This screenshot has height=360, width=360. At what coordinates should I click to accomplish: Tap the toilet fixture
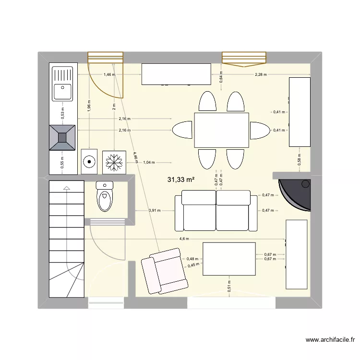click(105, 196)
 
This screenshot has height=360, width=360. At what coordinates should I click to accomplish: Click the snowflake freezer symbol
click(114, 162)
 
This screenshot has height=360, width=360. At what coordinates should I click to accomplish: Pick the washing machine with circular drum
click(89, 162)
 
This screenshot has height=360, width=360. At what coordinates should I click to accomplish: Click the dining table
click(221, 130)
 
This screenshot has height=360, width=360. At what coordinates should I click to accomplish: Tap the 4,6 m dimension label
click(184, 239)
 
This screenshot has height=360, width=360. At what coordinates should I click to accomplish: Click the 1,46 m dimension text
click(109, 75)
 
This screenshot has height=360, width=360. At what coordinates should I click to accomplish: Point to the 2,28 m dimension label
click(261, 75)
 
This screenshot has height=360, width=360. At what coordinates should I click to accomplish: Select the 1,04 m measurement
click(149, 162)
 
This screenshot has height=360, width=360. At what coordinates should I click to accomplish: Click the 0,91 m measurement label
click(155, 210)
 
